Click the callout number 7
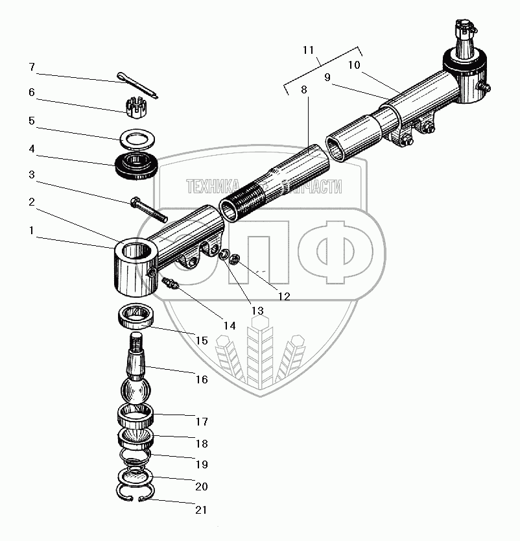coord(30,67)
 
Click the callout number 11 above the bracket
coord(308,50)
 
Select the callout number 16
coord(201,379)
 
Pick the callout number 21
coord(201,510)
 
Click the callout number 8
coord(305,91)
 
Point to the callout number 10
coord(353,65)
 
